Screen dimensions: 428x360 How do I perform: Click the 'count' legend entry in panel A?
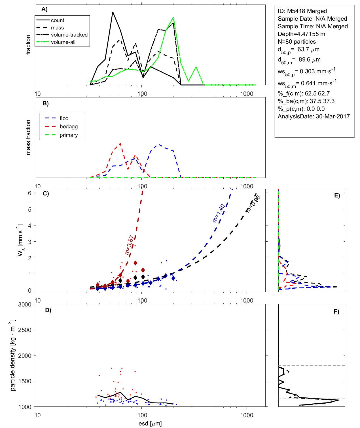(58, 20)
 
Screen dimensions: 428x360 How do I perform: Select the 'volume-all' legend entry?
(63, 42)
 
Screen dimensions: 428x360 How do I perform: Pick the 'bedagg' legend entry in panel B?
(69, 127)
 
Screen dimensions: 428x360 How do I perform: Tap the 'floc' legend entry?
(64, 118)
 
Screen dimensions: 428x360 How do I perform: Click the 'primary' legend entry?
(69, 135)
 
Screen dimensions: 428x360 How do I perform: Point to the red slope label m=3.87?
(129, 245)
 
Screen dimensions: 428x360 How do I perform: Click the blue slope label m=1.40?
(219, 213)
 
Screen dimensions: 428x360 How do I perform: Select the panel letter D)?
(48, 310)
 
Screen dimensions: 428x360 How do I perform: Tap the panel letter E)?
(337, 195)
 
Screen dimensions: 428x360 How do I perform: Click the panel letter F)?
(336, 312)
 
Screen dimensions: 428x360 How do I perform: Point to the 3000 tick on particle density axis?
(25, 305)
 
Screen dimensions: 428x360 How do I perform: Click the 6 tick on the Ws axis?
(29, 193)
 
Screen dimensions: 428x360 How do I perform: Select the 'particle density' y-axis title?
(13, 355)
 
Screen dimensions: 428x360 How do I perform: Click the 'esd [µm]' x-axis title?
(150, 424)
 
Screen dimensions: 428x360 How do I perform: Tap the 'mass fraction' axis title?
(28, 137)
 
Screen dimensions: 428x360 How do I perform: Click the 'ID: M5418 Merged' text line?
(302, 11)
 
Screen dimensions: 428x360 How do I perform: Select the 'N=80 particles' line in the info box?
(297, 42)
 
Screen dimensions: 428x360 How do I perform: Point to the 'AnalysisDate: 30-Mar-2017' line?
(314, 116)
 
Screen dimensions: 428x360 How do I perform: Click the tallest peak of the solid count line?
(113, 12)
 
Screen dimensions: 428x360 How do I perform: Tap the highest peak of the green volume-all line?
(173, 18)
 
